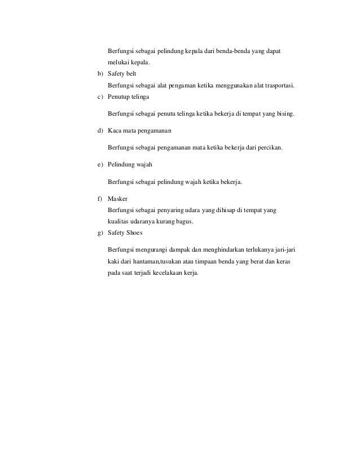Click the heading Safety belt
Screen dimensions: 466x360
[121, 74]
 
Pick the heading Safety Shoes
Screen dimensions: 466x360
[125, 232]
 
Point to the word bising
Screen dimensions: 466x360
[284, 113]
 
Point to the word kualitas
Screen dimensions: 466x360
[120, 222]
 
